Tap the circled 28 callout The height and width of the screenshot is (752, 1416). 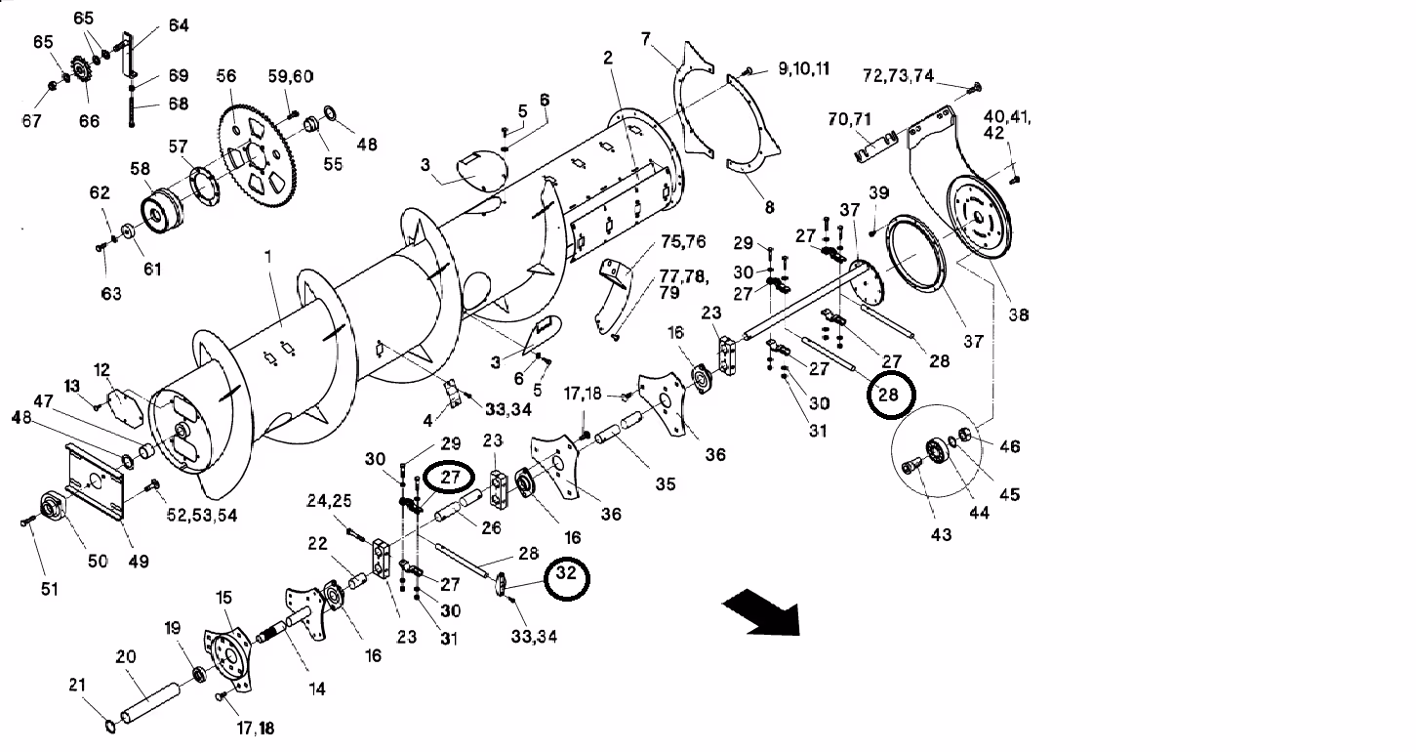887,395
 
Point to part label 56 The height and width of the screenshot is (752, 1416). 226,76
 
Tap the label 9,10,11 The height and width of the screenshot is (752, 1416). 803,68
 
